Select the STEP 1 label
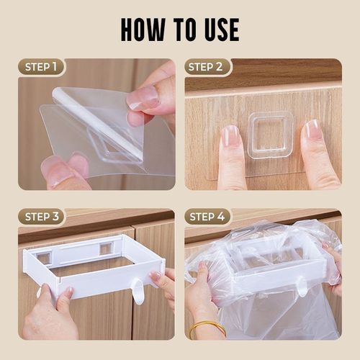(42, 68)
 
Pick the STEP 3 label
(42, 217)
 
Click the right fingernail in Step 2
(312, 130)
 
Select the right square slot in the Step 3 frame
(106, 248)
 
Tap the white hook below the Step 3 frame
(137, 292)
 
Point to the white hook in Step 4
(302, 287)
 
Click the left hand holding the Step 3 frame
(50, 317)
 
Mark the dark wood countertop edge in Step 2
(263, 73)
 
